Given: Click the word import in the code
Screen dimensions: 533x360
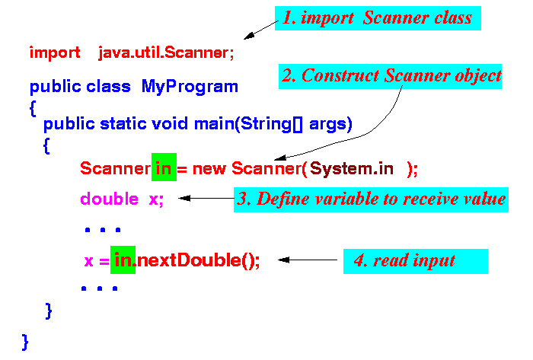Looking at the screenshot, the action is tap(55, 53).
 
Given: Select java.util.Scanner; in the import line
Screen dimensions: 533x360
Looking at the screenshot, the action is tap(166, 53).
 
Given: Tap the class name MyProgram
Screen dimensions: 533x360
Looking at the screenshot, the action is tap(190, 87).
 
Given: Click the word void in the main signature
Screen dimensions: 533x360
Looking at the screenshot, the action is tap(170, 123).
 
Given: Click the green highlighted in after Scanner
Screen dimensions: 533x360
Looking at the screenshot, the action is tap(164, 167).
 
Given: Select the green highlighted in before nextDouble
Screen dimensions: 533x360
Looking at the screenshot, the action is tap(123, 260).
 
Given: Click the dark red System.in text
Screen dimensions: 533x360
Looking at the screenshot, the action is tap(352, 168).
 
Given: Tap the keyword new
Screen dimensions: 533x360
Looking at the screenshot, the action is tap(209, 169).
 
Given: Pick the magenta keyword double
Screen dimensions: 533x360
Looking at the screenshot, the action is tap(109, 199).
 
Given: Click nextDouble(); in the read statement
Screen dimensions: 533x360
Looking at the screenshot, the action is tap(198, 260).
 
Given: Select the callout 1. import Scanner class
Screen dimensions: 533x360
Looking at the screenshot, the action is tap(378, 18).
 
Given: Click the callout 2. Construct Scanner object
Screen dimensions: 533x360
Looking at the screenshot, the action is tap(390, 76).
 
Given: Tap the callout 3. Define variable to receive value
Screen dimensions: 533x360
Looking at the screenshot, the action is tap(371, 199).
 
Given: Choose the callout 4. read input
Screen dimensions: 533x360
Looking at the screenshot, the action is tap(416, 261).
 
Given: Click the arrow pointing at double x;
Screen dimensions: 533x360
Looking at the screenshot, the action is tap(206, 198).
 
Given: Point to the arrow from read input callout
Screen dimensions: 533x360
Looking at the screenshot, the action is tap(308, 260).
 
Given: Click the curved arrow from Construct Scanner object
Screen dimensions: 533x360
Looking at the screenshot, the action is tap(371, 132).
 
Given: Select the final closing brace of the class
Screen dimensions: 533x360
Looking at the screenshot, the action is tap(25, 342).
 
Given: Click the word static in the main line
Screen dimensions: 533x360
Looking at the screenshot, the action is tap(123, 123).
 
